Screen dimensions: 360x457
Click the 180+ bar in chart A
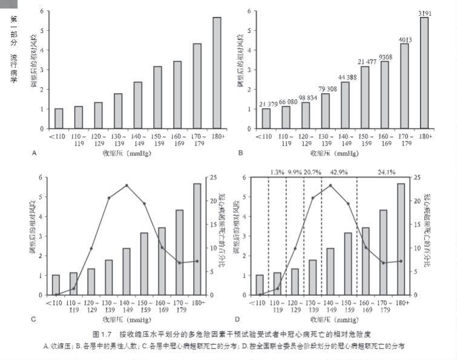point(217,73)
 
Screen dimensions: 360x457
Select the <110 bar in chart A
point(59,119)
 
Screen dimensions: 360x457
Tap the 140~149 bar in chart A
point(138,105)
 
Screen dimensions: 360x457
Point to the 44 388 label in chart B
point(346,77)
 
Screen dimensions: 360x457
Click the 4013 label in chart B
point(404,39)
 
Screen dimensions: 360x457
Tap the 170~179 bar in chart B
point(404,86)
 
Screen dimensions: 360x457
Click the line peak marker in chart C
point(127,185)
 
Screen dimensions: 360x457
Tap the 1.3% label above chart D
point(277,172)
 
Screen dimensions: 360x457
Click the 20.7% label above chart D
point(312,172)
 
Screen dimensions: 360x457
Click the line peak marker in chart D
point(330,185)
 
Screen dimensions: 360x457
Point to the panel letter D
point(238,319)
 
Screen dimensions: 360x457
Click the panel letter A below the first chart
point(35,153)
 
